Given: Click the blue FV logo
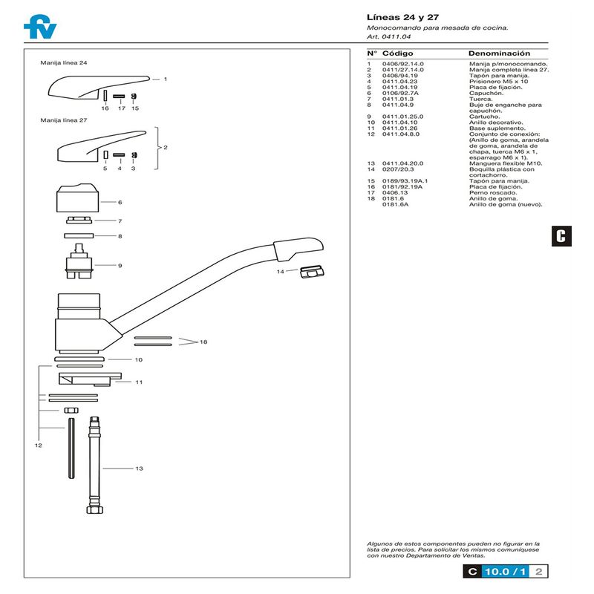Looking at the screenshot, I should [39, 27].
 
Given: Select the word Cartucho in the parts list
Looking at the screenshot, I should [484, 116].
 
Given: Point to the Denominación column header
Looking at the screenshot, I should [499, 54].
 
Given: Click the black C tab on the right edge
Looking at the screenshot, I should [561, 236].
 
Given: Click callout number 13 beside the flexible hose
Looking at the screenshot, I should [139, 469].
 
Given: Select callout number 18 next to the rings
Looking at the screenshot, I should [203, 342].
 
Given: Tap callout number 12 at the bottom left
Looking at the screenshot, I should [38, 446].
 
